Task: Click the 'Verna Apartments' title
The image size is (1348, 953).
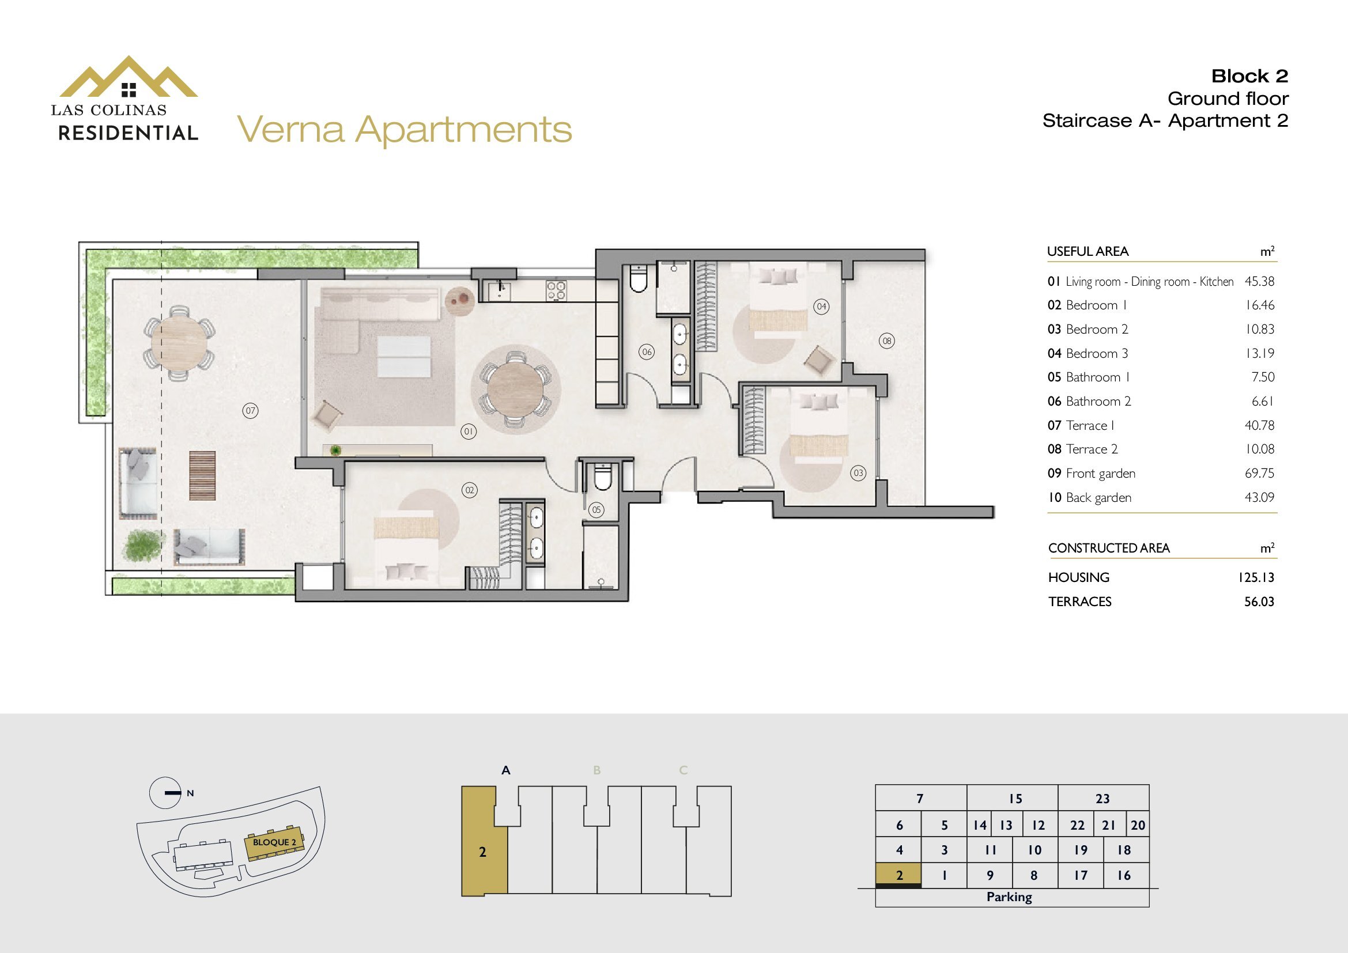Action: tap(405, 130)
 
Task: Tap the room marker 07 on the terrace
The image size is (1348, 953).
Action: tap(251, 411)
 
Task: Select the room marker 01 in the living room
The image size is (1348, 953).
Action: tap(469, 432)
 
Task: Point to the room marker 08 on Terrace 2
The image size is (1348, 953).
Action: tap(886, 341)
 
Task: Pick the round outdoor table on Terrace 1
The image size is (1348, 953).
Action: tap(179, 343)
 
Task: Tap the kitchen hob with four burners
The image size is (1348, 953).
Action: tap(557, 290)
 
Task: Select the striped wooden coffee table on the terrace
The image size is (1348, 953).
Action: tap(202, 475)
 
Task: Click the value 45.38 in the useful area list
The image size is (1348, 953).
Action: tap(1259, 281)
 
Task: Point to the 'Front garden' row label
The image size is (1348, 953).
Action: tap(1100, 474)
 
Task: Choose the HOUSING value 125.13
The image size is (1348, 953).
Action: tap(1256, 577)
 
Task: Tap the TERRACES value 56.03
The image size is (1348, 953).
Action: tap(1259, 602)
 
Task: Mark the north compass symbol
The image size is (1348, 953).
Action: tap(165, 793)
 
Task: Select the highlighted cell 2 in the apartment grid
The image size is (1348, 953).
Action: tap(898, 876)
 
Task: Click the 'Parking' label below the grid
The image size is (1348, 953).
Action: tap(1009, 897)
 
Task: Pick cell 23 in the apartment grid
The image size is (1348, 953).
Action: tap(1103, 799)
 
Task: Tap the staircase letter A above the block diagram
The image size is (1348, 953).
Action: tap(506, 770)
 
